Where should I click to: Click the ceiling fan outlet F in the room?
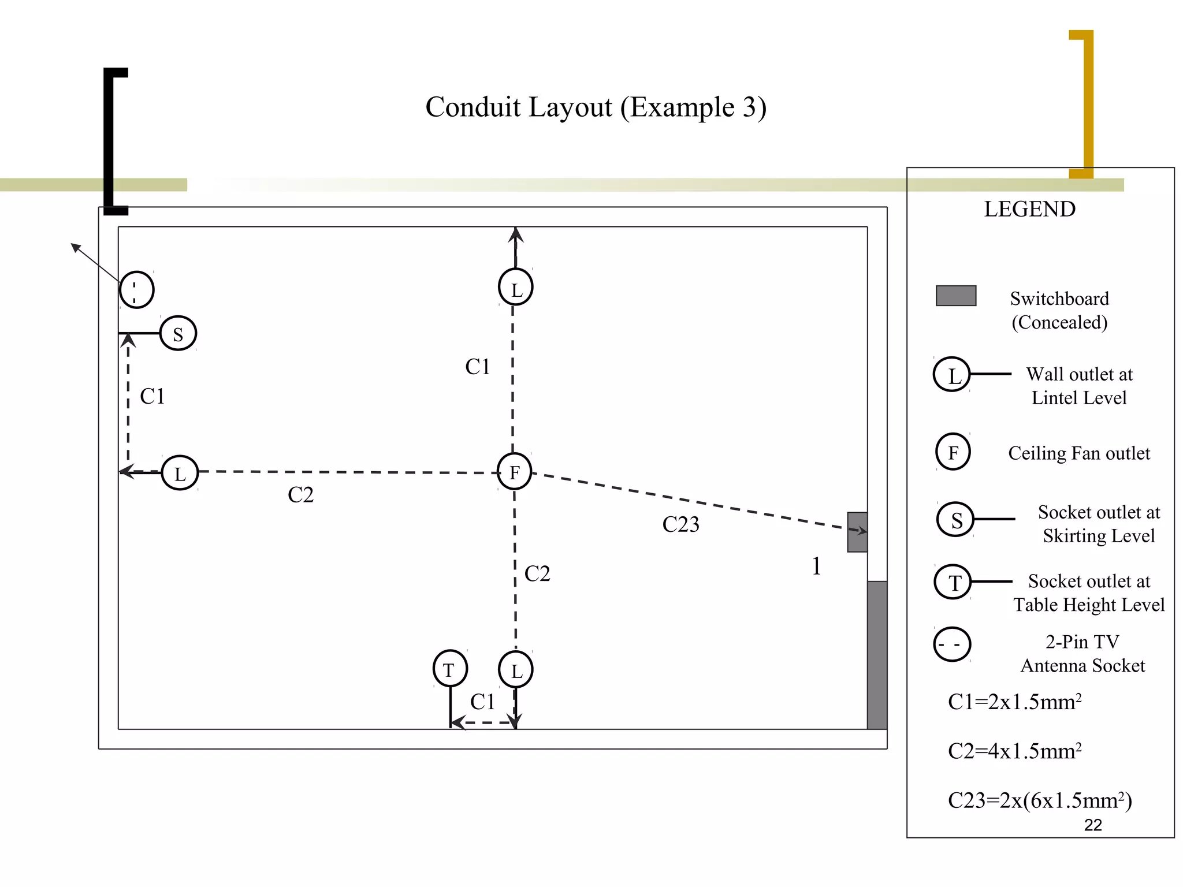point(514,472)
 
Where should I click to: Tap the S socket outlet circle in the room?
point(178,333)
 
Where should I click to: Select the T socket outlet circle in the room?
point(450,669)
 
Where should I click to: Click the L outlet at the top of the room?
point(515,287)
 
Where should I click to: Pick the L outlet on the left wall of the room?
point(180,473)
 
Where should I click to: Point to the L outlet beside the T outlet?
point(516,670)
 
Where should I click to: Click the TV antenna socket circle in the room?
point(136,289)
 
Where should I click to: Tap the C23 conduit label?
point(680,524)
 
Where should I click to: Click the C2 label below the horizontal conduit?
point(300,495)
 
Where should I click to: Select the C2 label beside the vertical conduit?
point(537,573)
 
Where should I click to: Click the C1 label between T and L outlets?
point(482,702)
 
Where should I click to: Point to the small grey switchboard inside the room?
point(857,532)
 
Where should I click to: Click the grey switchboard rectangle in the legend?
point(956,296)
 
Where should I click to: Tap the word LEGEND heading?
point(1029,209)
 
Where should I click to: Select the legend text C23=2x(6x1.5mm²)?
point(1040,800)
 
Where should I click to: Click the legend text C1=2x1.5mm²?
point(1014,702)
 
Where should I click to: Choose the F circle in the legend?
point(953,452)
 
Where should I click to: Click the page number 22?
point(1093,825)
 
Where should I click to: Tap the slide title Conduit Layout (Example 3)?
point(596,107)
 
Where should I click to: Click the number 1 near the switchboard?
point(816,566)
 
